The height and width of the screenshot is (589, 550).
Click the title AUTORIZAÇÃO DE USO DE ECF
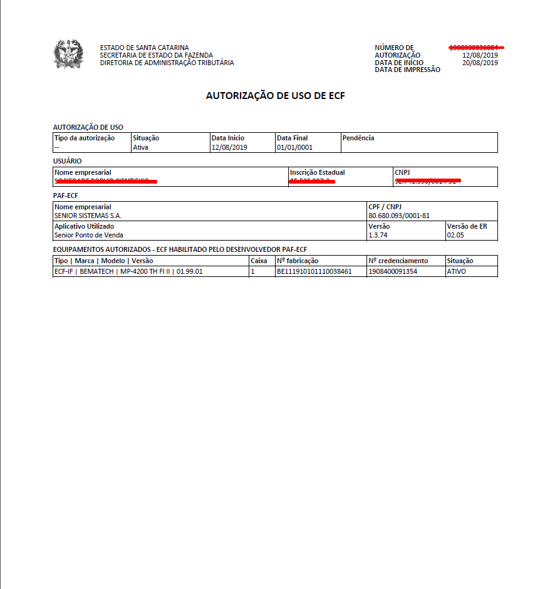(276, 96)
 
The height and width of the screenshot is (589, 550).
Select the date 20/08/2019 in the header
(480, 63)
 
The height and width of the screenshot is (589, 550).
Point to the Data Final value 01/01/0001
(294, 148)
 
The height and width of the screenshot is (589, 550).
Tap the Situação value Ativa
(140, 148)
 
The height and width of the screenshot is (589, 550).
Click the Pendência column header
(358, 138)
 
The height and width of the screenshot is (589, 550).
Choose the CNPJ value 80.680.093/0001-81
(398, 216)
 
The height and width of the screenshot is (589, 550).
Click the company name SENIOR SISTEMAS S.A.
(88, 216)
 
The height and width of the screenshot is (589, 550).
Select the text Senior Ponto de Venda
(89, 235)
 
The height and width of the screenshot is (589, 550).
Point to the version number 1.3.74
(379, 235)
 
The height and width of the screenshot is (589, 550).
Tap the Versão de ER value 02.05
(455, 235)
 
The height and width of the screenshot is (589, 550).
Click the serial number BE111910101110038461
(314, 271)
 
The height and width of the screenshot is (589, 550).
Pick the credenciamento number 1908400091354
(393, 271)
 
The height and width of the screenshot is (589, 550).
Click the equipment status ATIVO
(457, 271)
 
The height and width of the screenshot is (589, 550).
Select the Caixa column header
(259, 261)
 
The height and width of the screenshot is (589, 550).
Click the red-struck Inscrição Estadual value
(312, 181)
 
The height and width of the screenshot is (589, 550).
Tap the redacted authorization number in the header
(476, 48)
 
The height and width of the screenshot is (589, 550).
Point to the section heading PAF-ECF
(66, 195)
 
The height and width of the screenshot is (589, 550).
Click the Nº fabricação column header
(298, 261)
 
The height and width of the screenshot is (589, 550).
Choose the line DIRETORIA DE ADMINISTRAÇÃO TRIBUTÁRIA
(167, 63)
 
